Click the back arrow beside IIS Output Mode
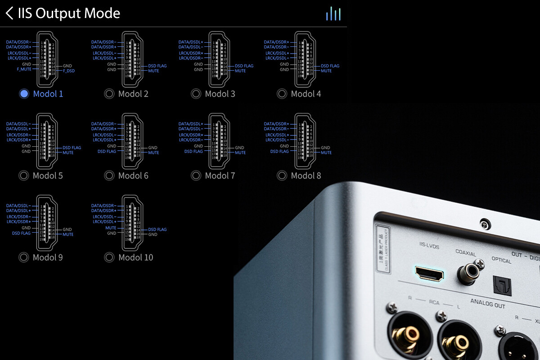(x=9, y=13)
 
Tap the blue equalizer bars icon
(x=333, y=13)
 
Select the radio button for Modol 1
(x=24, y=94)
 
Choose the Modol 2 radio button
(x=109, y=94)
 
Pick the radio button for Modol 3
(x=196, y=94)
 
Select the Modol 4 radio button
(x=282, y=94)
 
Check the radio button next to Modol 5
(x=24, y=175)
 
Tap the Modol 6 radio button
(x=109, y=175)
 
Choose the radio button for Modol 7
(x=196, y=175)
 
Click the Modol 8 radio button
(x=282, y=175)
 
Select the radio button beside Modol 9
(x=24, y=257)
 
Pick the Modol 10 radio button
(x=109, y=257)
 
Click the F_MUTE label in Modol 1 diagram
(x=23, y=69)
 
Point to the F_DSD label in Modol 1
(x=69, y=71)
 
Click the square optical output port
(x=500, y=284)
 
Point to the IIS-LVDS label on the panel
(x=428, y=246)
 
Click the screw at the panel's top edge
(x=484, y=224)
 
